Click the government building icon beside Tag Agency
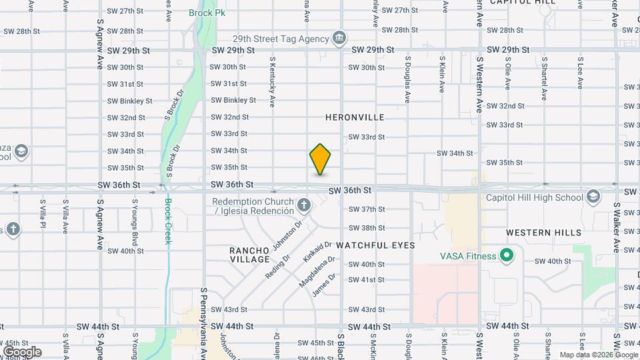click(x=339, y=37)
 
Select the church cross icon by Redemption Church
click(x=303, y=205)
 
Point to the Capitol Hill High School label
click(x=534, y=197)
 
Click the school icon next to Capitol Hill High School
click(x=593, y=197)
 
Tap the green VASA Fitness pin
click(x=507, y=255)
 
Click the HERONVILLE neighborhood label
click(x=355, y=117)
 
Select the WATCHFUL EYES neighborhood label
click(x=375, y=245)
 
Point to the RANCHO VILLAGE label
click(x=249, y=255)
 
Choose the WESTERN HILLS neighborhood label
click(x=543, y=233)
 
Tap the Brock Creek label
click(x=168, y=221)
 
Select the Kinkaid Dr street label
click(x=317, y=251)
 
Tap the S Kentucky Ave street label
click(x=272, y=82)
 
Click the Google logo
click(x=21, y=352)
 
